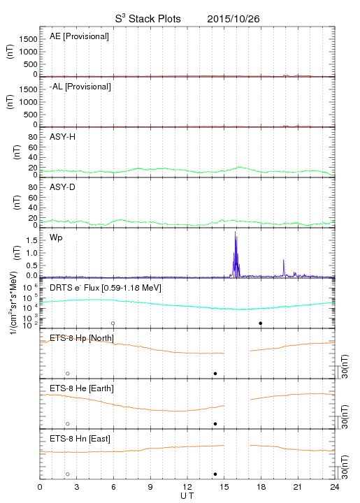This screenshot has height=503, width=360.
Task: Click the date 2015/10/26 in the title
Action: (x=233, y=19)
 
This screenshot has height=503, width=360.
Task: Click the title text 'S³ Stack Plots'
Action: (x=148, y=19)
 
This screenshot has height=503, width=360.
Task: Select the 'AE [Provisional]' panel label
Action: (x=79, y=36)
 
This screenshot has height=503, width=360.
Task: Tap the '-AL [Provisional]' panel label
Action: (x=80, y=87)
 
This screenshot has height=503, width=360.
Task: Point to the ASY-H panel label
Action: (x=63, y=137)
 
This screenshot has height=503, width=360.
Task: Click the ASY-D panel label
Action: (x=63, y=187)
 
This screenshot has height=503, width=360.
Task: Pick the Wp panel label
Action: (x=56, y=238)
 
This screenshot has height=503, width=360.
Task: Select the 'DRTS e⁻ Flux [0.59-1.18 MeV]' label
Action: (x=106, y=288)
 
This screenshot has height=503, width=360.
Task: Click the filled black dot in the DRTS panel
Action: (x=261, y=323)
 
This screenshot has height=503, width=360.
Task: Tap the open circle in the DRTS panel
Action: (x=113, y=323)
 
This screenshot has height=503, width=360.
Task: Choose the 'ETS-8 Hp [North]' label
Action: (x=82, y=338)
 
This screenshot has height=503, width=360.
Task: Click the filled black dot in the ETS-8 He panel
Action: (x=215, y=424)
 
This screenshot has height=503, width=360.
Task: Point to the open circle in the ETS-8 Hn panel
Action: (x=68, y=474)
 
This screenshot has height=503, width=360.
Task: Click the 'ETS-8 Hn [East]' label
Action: (x=80, y=439)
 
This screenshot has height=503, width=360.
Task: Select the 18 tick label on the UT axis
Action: (x=261, y=487)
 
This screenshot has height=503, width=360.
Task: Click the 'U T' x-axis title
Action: (x=187, y=496)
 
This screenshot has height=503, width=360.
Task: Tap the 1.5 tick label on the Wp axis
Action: (x=31, y=240)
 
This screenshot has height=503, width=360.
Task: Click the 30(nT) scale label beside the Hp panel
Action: (x=345, y=366)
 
